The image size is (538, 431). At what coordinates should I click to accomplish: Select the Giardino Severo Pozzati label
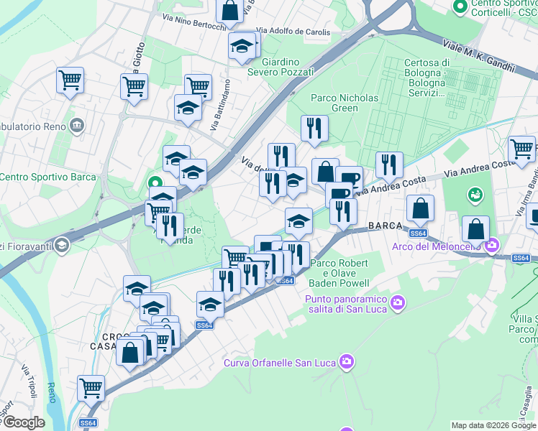[281, 67]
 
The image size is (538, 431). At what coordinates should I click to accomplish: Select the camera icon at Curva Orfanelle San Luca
[347, 361]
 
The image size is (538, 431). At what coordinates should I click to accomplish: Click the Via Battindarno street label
[221, 105]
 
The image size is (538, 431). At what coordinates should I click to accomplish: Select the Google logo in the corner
[23, 422]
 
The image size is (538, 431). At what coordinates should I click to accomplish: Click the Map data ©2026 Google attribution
[493, 425]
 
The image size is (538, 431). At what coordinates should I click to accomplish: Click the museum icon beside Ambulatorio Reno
[77, 126]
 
